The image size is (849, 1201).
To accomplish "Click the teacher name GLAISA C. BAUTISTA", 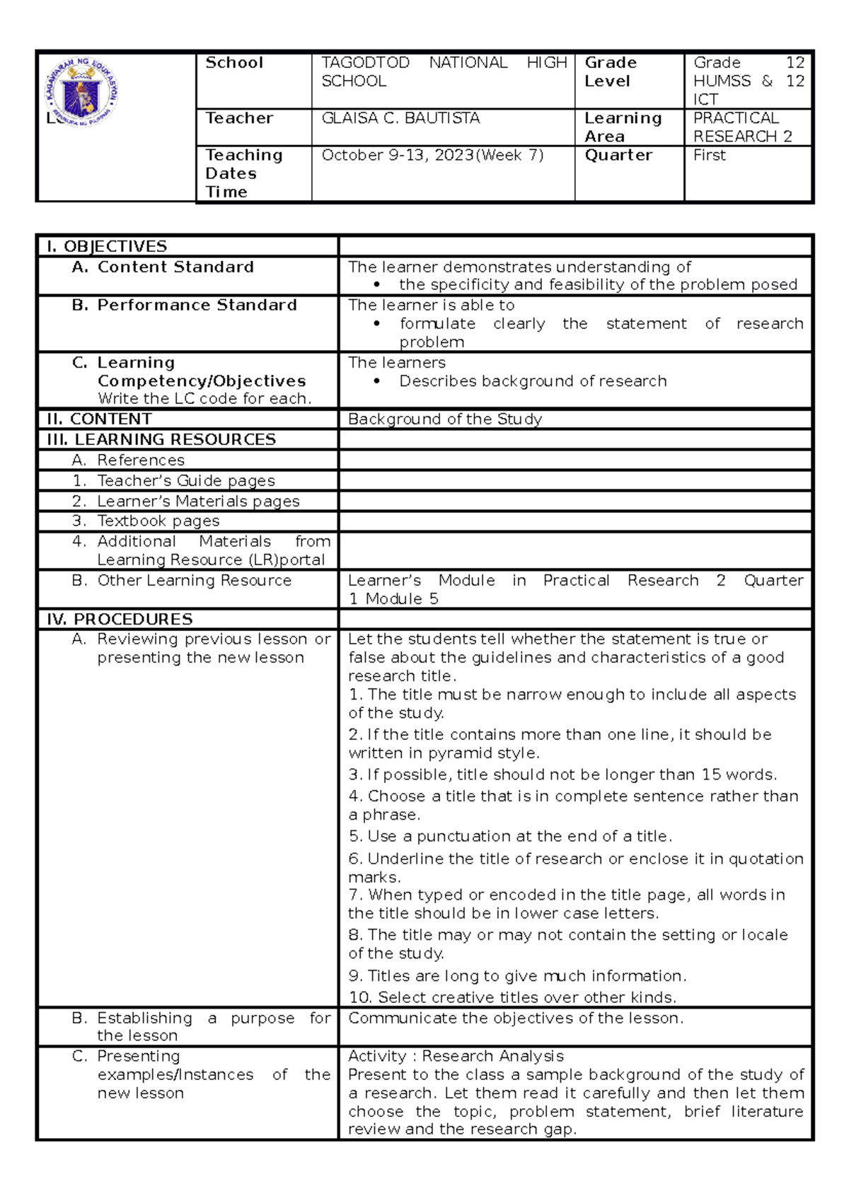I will [400, 119].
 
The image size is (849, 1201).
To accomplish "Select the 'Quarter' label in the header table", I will [618, 156].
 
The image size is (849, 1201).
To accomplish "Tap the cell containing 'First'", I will [710, 156].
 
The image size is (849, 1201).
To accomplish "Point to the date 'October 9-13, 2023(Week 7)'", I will [432, 156].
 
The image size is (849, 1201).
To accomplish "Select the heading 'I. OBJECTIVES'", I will [107, 246].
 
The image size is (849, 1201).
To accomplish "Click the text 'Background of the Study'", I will [444, 419].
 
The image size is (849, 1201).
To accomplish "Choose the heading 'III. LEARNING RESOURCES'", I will [161, 440].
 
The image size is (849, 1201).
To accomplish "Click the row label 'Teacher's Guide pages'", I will [185, 481].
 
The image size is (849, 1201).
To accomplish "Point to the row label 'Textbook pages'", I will [158, 521].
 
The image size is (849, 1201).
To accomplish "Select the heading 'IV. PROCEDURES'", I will [120, 620].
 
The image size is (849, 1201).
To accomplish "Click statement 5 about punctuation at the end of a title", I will [509, 837].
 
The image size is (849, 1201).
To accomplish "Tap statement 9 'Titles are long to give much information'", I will [517, 976].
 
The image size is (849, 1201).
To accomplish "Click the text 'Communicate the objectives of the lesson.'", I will [516, 1019].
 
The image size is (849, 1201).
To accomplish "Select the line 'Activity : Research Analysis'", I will [456, 1056].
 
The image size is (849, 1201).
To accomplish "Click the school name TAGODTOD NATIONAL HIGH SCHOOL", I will [444, 71].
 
